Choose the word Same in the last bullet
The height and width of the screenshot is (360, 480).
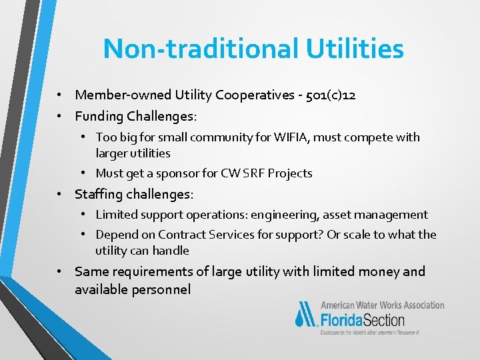[x=90, y=271]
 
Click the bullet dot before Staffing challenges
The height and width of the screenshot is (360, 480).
[x=60, y=195]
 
